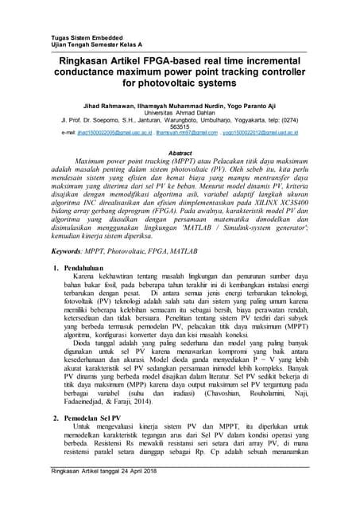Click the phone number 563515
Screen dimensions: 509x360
[180, 126]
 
